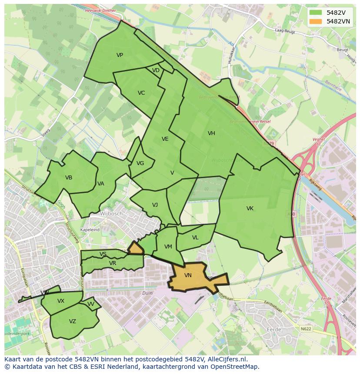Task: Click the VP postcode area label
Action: (120, 55)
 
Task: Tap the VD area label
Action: (156, 70)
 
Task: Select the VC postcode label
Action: (141, 93)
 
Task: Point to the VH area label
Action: (211, 133)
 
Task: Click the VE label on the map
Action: (165, 139)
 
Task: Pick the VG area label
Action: (140, 163)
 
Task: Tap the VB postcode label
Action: (69, 178)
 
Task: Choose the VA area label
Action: (101, 184)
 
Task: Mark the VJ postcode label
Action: (155, 205)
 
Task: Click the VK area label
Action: (250, 209)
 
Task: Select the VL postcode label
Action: (195, 238)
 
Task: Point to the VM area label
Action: (168, 247)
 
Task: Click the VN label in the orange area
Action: (188, 275)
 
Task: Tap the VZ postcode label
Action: (73, 321)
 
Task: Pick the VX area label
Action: (61, 301)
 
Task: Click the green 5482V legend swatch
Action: (316, 13)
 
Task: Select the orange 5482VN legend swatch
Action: (316, 21)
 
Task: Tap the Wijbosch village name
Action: (112, 214)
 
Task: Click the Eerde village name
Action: (274, 330)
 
